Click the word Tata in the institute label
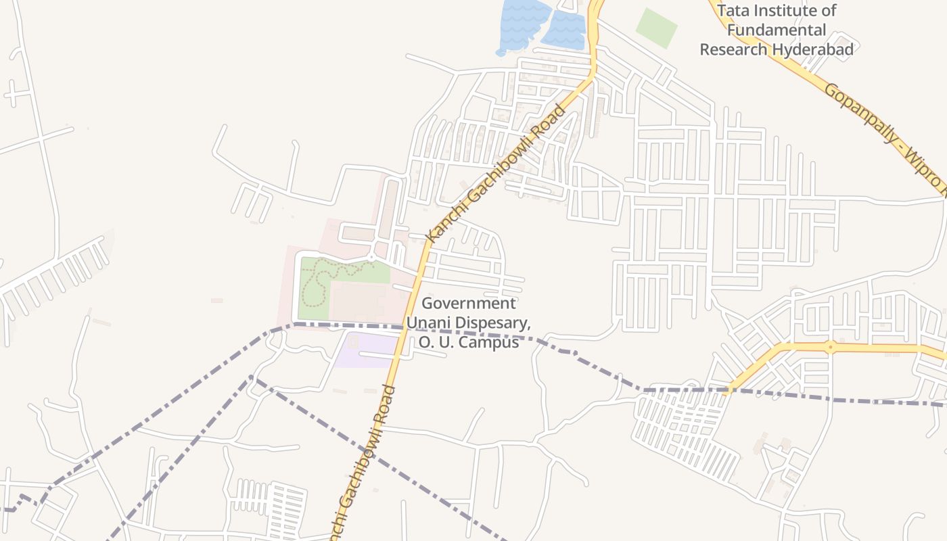click(733, 11)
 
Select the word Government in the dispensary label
click(469, 303)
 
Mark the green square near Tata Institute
click(656, 28)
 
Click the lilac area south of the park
click(365, 350)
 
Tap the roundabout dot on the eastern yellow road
click(830, 347)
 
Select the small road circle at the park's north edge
click(371, 257)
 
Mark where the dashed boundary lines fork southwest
click(252, 377)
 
